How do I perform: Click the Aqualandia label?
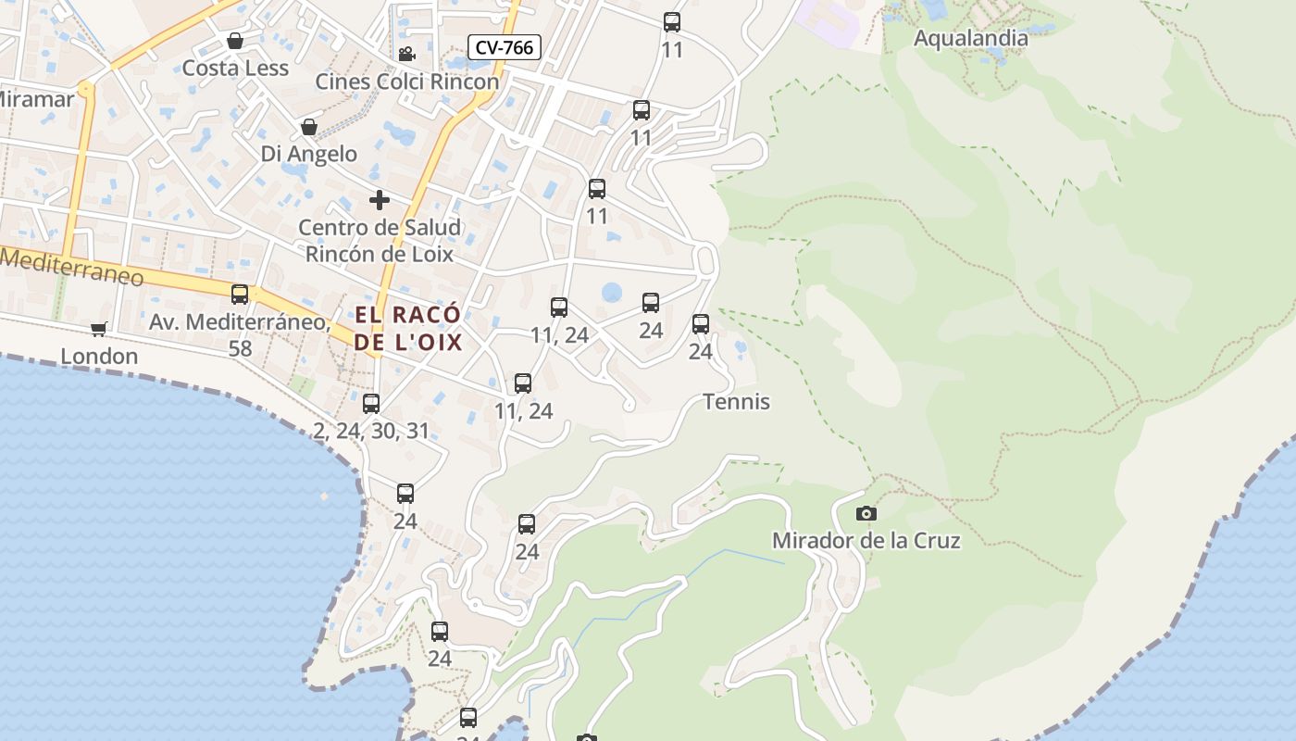point(970,38)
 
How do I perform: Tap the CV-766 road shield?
point(504,47)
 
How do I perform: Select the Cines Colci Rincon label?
point(407,82)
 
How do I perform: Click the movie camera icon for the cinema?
point(405,54)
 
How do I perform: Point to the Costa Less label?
point(235,68)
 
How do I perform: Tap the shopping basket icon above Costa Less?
point(235,41)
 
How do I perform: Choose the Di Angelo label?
point(308,154)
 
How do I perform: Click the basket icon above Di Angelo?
point(308,127)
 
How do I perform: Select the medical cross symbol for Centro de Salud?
point(379,199)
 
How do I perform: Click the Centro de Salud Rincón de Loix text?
point(380,240)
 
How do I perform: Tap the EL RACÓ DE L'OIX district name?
point(408,328)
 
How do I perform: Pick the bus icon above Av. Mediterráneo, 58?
point(240,295)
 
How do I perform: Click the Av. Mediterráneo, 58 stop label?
point(240,334)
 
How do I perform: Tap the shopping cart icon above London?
point(99,329)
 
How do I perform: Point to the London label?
point(99,356)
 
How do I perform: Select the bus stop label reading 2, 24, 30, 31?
point(371,431)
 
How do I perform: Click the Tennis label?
point(737,402)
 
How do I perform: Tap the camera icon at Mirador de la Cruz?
point(866,513)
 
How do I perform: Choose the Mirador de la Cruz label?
point(866,540)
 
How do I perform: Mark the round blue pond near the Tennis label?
point(612,293)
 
